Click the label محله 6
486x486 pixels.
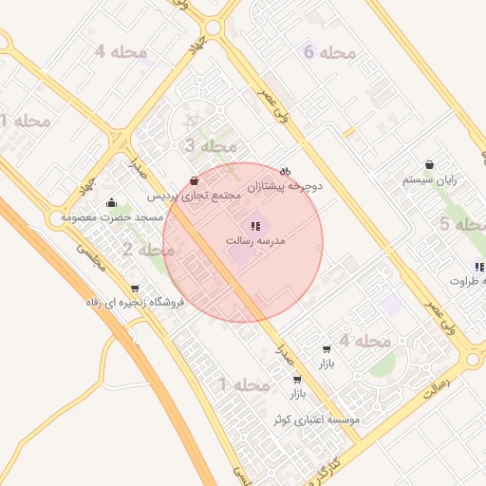tap(330, 51)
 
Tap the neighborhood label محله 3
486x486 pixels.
tap(210, 146)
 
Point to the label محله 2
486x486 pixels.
tap(148, 251)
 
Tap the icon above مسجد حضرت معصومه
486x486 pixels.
tap(112, 202)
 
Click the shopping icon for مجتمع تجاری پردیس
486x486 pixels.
tap(195, 180)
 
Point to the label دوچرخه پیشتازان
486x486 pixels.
tap(285, 186)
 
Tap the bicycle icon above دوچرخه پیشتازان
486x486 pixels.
tap(285, 171)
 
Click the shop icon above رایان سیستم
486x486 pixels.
tap(430, 164)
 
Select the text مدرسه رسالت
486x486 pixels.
tap(255, 241)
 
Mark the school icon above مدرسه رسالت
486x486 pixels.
tap(255, 226)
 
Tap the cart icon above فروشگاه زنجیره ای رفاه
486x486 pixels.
tap(134, 289)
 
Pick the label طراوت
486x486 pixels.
tap(467, 281)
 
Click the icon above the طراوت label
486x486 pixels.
tap(479, 267)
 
